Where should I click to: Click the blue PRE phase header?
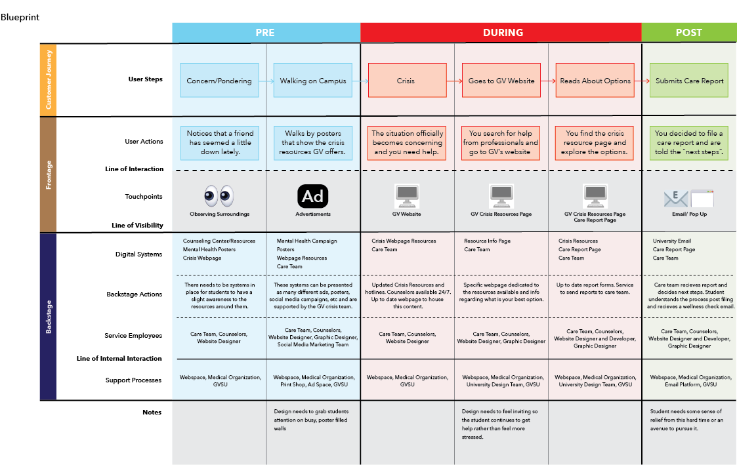[265, 32]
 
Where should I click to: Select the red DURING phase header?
[503, 32]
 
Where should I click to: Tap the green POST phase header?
[688, 32]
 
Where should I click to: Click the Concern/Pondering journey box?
[219, 81]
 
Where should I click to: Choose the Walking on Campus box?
[312, 81]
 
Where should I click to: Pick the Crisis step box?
[407, 81]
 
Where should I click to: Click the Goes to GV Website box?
[501, 81]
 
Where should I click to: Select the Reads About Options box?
[595, 81]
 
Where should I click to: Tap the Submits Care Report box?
[689, 81]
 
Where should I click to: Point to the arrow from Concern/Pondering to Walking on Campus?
[266, 81]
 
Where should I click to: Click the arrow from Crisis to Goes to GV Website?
[454, 81]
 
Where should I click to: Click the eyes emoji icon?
[219, 195]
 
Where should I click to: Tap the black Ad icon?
[312, 196]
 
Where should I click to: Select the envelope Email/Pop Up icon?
[676, 197]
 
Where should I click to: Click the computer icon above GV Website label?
[407, 195]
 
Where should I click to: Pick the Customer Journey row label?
[48, 80]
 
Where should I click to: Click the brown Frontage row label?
[48, 174]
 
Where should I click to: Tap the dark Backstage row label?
[48, 316]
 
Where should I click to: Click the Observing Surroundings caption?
[219, 214]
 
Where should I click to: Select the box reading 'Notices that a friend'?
[219, 142]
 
